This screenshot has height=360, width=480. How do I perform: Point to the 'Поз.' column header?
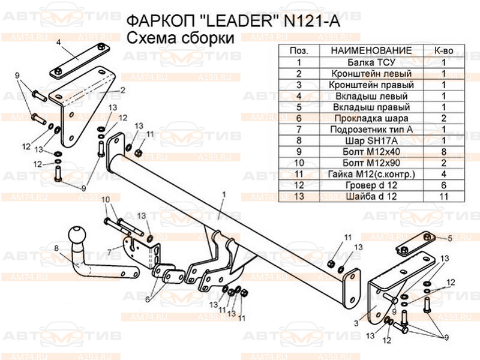(298, 50)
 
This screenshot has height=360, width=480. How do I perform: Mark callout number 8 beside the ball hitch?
(56, 248)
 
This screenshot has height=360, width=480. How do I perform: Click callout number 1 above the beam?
(223, 194)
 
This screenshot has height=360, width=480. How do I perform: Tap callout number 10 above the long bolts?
(106, 200)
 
